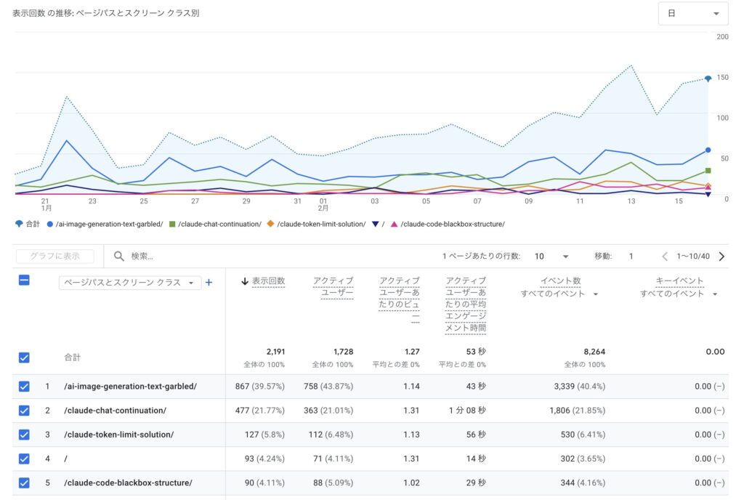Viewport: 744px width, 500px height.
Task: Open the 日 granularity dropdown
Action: point(692,14)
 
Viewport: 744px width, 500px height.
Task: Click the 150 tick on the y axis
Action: point(722,77)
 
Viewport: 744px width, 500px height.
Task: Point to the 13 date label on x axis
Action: point(631,201)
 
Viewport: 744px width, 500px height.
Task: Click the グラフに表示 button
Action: point(54,256)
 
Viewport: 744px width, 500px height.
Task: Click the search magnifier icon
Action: point(119,256)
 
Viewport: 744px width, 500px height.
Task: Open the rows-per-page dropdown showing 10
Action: point(550,257)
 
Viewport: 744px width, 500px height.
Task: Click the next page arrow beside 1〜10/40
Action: point(721,257)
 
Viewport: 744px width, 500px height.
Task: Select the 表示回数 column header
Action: point(268,281)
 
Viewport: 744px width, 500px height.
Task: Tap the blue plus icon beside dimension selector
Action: point(209,283)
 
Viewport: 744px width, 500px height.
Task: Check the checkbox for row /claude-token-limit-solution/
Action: point(24,435)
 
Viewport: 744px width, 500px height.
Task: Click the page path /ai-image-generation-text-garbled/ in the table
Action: point(130,387)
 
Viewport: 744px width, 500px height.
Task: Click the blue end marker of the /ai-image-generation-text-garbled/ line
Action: point(708,150)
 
